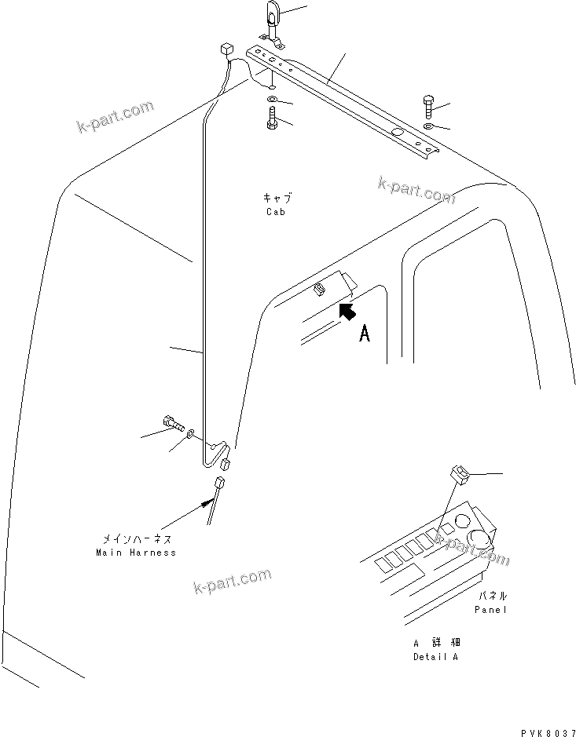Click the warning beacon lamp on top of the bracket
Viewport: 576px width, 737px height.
pyautogui.click(x=272, y=17)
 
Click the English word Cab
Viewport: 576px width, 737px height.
pyautogui.click(x=275, y=213)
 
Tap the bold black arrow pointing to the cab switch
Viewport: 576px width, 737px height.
pyautogui.click(x=343, y=312)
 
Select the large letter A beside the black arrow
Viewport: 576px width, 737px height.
pyautogui.click(x=365, y=335)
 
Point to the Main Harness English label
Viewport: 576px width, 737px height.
pyautogui.click(x=136, y=553)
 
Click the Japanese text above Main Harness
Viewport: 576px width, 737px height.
pyautogui.click(x=136, y=540)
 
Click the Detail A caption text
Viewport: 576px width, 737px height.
pyautogui.click(x=435, y=656)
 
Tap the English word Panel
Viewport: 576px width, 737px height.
pyautogui.click(x=491, y=609)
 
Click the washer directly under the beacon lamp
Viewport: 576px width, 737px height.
pyautogui.click(x=271, y=100)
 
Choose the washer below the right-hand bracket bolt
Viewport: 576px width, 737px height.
pyautogui.click(x=427, y=126)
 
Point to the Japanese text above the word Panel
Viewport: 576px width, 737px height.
pyautogui.click(x=491, y=597)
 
